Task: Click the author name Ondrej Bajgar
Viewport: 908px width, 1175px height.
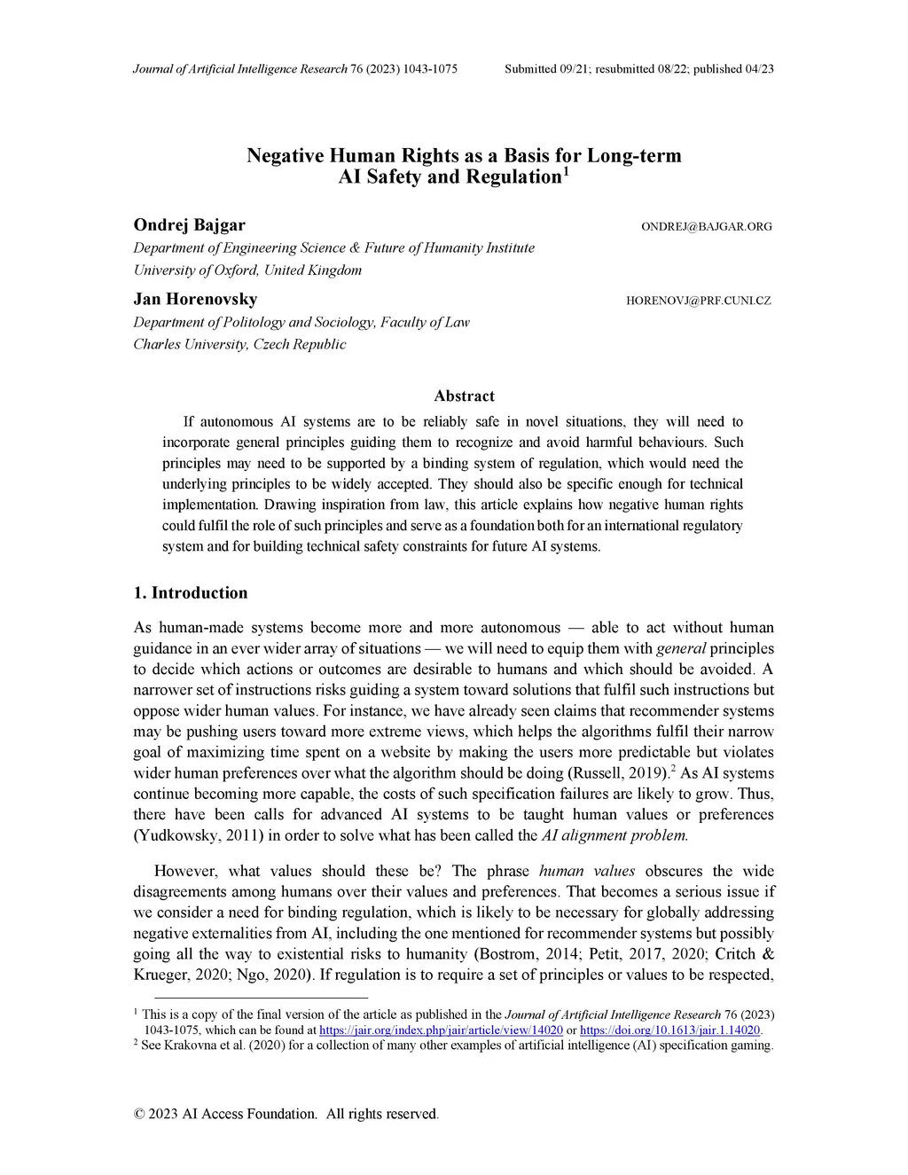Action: (x=189, y=224)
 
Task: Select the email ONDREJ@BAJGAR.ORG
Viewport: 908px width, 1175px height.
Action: (x=706, y=227)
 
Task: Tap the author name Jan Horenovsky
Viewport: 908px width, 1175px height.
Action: (x=195, y=299)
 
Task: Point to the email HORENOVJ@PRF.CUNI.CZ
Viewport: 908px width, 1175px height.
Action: (x=699, y=301)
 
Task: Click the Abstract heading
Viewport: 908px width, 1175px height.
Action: (x=464, y=396)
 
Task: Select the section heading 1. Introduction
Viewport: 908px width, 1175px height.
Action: (x=190, y=592)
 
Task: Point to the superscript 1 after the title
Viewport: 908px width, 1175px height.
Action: (x=566, y=170)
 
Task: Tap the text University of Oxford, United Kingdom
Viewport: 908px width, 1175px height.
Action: (x=247, y=270)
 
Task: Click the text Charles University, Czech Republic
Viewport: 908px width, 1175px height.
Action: (x=239, y=344)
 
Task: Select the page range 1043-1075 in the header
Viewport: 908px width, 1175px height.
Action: (x=430, y=68)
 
